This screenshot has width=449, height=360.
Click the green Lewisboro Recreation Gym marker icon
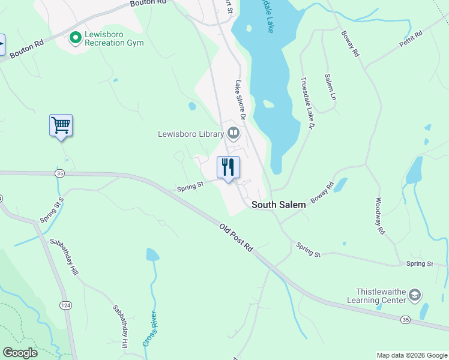tap(76, 38)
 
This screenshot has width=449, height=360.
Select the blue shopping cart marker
tap(61, 126)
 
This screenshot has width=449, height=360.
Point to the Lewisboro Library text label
tap(190, 134)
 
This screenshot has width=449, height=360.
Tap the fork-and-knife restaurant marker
tap(228, 167)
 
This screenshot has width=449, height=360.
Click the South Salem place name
tap(279, 205)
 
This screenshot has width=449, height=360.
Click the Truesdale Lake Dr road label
tap(307, 103)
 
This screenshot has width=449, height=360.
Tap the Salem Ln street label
tap(328, 87)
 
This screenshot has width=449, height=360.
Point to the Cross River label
tap(150, 329)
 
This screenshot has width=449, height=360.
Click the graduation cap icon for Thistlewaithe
tap(415, 295)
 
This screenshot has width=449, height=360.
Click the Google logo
tap(20, 353)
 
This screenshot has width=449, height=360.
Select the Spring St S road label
tap(52, 212)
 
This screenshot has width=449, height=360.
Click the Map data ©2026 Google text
tap(412, 355)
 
